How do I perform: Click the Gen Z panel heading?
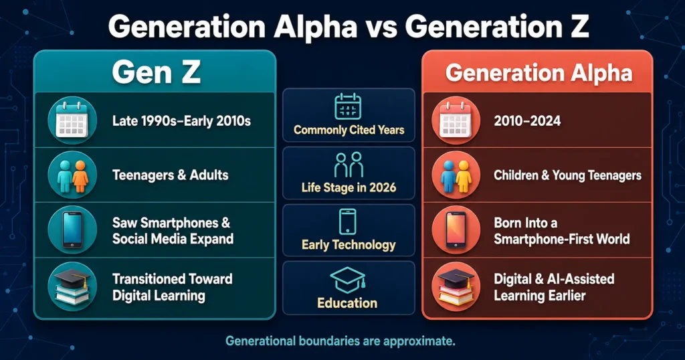click(x=156, y=72)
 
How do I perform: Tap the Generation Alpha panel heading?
click(x=539, y=73)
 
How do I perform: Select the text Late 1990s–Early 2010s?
click(x=181, y=121)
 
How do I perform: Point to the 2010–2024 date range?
click(x=527, y=121)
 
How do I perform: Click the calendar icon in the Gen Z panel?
click(x=72, y=120)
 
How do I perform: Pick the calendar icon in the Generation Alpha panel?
click(x=456, y=120)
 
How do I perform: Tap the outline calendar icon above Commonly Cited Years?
click(x=348, y=106)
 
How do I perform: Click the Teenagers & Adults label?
click(x=171, y=175)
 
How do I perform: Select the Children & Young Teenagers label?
click(x=567, y=175)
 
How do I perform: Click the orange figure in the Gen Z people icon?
click(x=80, y=176)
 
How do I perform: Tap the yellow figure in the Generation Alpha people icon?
click(x=464, y=176)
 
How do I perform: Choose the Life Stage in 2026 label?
click(x=349, y=188)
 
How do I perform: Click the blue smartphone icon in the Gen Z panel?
click(x=72, y=230)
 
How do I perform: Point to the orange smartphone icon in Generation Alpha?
click(x=456, y=230)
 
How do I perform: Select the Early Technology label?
click(x=349, y=245)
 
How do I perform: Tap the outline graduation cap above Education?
click(x=348, y=280)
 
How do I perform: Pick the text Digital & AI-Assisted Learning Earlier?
click(x=554, y=287)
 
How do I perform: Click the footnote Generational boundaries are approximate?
click(x=340, y=341)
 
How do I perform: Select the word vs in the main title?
click(x=381, y=27)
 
